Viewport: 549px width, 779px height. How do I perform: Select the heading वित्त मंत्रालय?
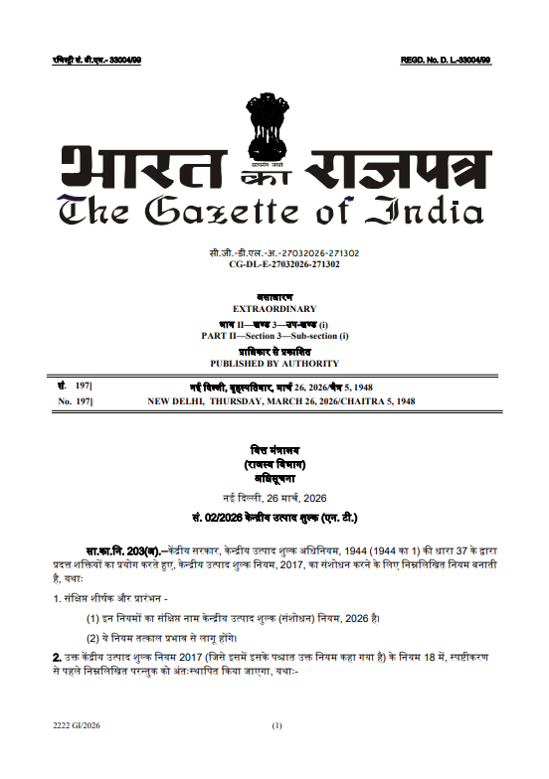pos(274,450)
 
